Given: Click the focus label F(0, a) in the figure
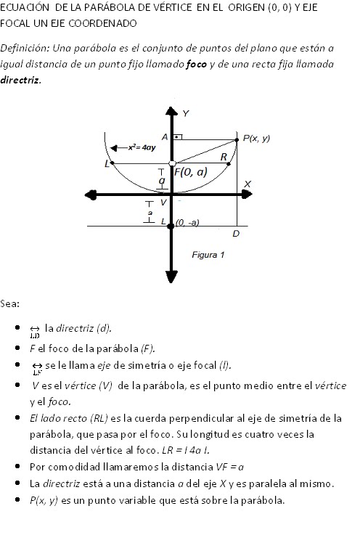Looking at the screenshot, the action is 192,173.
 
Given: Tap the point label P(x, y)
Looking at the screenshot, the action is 256,137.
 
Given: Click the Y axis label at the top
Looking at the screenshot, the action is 186,113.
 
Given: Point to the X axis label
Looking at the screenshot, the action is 247,184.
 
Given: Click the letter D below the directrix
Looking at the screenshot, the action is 236,234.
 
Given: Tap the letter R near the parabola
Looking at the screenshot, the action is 224,156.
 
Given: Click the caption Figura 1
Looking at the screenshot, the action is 208,255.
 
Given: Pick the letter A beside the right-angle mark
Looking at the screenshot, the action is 165,136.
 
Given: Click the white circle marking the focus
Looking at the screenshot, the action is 171,163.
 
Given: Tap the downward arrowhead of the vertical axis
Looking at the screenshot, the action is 172,276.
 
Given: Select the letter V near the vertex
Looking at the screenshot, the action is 163,202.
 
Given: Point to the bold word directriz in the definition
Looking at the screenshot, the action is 20,78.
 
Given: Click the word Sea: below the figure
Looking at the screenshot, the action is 10,303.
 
